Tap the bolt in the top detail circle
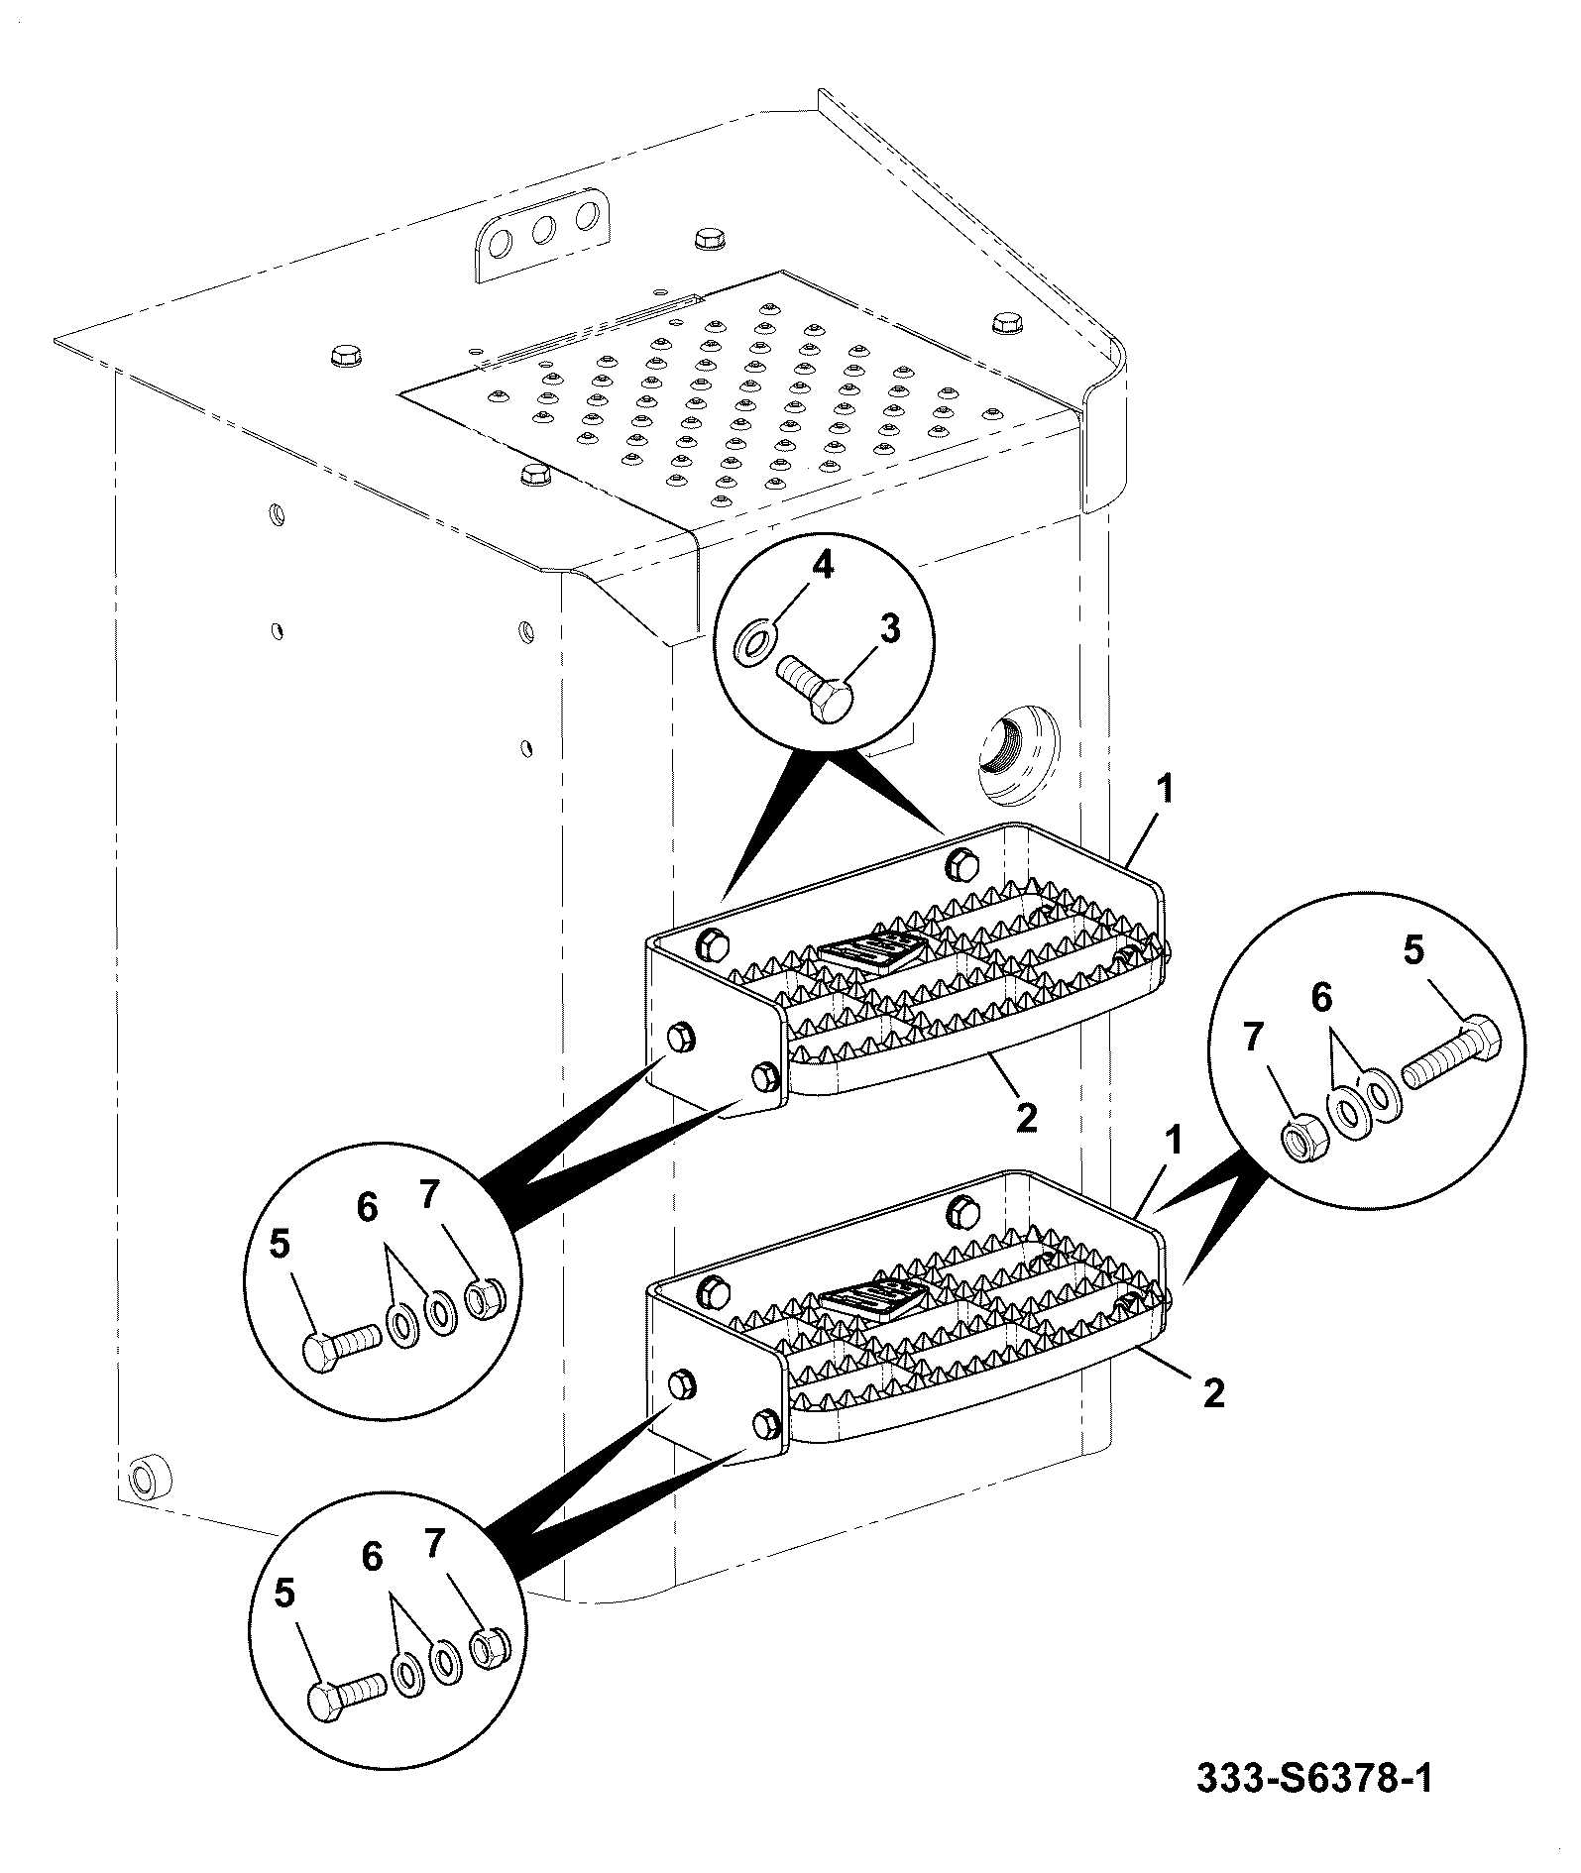click(815, 689)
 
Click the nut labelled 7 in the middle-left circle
click(487, 1299)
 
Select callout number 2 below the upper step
click(1027, 1117)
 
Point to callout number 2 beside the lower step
click(1214, 1393)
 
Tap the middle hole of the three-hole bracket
click(544, 231)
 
